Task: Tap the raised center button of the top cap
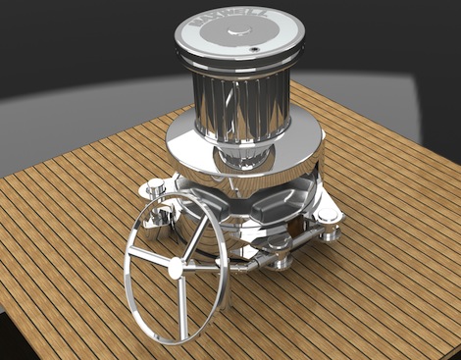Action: click(239, 31)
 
